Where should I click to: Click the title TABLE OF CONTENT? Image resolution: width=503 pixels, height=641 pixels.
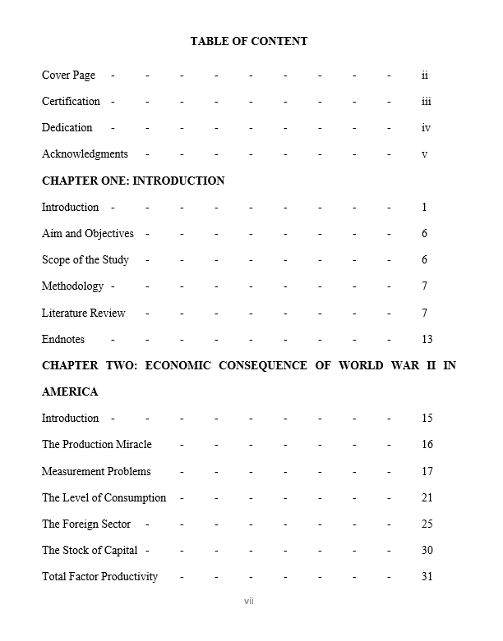tap(248, 41)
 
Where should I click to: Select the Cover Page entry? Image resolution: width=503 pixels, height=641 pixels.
tap(68, 76)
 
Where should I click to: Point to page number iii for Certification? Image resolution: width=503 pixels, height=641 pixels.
tap(426, 102)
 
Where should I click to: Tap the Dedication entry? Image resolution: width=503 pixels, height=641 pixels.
tap(67, 128)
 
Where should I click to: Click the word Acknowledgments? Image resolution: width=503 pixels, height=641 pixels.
tap(85, 154)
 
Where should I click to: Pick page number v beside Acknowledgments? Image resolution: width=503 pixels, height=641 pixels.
tap(424, 154)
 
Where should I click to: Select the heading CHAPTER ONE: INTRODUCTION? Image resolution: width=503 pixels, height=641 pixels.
tap(133, 181)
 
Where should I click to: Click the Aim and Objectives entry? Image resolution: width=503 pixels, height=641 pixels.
tap(87, 234)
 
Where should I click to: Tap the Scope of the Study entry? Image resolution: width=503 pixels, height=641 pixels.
tap(85, 260)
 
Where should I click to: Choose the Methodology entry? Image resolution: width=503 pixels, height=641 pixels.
tap(72, 286)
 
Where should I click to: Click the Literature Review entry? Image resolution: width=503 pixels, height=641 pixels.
tap(84, 313)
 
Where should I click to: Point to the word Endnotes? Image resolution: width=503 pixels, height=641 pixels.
tap(63, 340)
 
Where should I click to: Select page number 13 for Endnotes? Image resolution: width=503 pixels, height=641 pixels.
tap(427, 340)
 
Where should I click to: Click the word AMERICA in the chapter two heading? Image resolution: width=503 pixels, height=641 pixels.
tap(70, 392)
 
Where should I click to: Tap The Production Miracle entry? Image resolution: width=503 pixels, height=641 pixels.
tap(97, 445)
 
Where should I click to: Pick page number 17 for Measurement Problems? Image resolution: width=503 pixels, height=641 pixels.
tap(427, 472)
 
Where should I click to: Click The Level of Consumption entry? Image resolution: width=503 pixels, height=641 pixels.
tap(104, 498)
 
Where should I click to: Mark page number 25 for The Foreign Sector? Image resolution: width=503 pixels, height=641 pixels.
tap(427, 524)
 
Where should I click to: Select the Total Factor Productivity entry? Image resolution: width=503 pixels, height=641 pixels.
tap(99, 577)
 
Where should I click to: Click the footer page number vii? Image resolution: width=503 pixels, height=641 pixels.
tap(249, 602)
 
